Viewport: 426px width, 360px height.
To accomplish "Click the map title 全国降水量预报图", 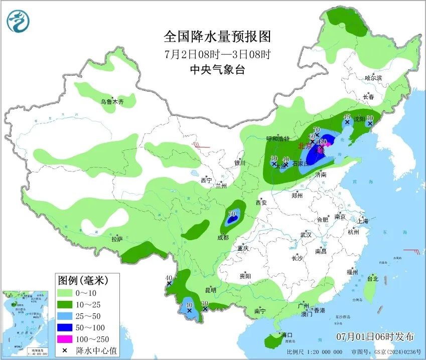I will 217,37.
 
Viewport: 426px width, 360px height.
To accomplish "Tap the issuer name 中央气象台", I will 217,70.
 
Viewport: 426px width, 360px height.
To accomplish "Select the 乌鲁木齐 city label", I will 111,102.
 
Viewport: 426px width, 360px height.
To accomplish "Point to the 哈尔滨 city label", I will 373,78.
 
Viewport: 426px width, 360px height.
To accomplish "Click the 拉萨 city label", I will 117,240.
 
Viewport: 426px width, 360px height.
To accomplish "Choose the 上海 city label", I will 363,221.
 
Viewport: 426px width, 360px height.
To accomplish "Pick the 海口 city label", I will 287,334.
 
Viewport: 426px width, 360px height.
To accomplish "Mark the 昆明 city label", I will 210,290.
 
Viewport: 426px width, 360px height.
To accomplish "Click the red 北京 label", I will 305,146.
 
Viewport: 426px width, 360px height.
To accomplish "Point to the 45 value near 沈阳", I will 346,117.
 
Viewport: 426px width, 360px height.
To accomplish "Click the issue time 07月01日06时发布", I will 375,335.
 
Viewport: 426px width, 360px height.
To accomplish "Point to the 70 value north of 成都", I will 232,214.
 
